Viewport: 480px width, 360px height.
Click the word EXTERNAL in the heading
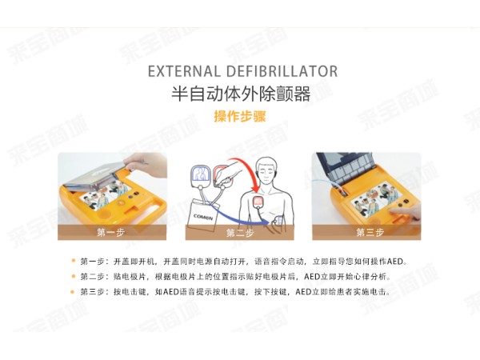(x=184, y=71)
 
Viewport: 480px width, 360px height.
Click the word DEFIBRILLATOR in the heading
(x=282, y=71)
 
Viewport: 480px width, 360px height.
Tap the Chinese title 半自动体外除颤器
(x=241, y=94)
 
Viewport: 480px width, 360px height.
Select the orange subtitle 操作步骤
(x=240, y=116)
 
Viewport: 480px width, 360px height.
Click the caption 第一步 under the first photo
(x=111, y=233)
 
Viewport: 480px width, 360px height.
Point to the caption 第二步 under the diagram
(x=240, y=234)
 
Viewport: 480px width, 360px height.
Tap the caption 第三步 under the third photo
(x=370, y=233)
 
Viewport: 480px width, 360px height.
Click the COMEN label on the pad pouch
(x=202, y=217)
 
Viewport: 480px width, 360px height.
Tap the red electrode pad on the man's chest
(x=258, y=202)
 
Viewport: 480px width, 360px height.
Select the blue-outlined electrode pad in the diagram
(x=201, y=176)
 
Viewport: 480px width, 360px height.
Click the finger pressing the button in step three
(x=404, y=212)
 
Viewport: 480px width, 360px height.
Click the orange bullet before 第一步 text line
(x=73, y=261)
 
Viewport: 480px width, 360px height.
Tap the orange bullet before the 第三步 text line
(x=72, y=291)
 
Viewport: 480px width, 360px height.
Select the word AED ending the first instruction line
(x=395, y=262)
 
